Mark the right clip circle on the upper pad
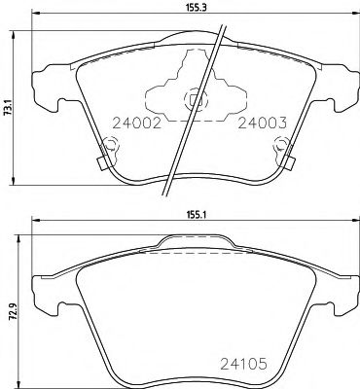[282, 147]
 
